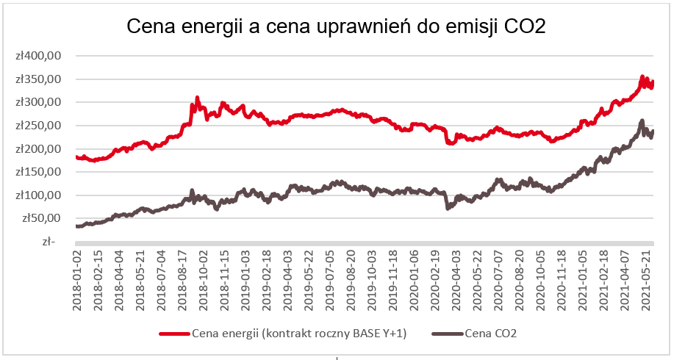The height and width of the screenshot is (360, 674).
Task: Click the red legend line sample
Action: [174, 334]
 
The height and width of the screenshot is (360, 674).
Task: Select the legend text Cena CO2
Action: [491, 334]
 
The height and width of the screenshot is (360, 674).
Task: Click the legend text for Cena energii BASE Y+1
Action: [299, 334]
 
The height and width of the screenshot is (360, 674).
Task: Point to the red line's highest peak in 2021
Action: [642, 76]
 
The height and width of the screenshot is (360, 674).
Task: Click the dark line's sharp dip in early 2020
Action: [448, 209]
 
